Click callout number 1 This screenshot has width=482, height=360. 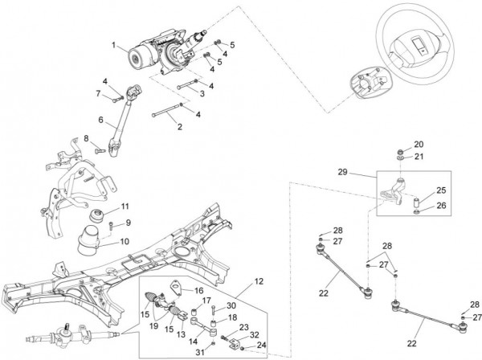[x=114, y=44]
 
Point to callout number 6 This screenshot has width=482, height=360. [x=101, y=121]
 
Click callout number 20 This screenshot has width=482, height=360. [x=418, y=145]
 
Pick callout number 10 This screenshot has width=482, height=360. [x=125, y=239]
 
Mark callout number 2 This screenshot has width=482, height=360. [x=179, y=126]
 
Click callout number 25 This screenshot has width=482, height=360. [x=440, y=190]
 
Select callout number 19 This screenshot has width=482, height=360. [x=153, y=326]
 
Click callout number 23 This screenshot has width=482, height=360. [x=243, y=327]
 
